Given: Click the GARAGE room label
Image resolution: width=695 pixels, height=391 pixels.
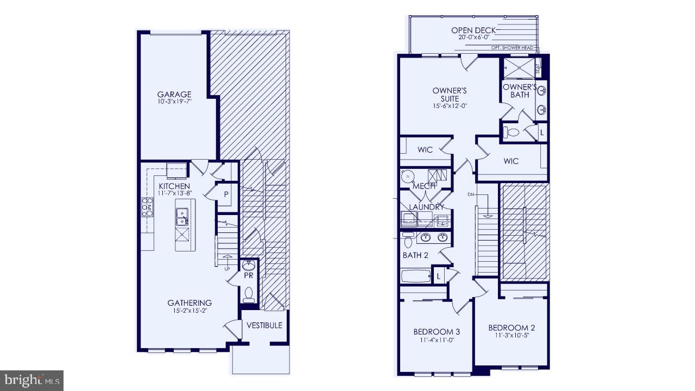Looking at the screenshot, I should pyautogui.click(x=174, y=94).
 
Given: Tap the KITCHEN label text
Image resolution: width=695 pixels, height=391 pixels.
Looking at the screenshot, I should pyautogui.click(x=174, y=186).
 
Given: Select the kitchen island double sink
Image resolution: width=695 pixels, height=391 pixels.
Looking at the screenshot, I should pyautogui.click(x=182, y=217).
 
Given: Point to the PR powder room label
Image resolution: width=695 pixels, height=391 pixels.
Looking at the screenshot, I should pyautogui.click(x=249, y=276).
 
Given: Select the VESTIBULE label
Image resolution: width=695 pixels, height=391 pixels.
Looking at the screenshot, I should pyautogui.click(x=264, y=325).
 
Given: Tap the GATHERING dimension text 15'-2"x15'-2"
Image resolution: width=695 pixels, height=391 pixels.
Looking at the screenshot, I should pyautogui.click(x=189, y=311).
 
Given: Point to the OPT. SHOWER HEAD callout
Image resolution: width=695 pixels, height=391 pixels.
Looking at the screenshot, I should pyautogui.click(x=512, y=48).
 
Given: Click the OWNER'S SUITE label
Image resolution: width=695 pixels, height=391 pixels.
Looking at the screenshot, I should pyautogui.click(x=450, y=94).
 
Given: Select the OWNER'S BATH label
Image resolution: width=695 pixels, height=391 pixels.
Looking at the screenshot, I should pyautogui.click(x=520, y=91).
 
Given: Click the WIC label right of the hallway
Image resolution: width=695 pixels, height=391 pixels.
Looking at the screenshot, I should pyautogui.click(x=511, y=161).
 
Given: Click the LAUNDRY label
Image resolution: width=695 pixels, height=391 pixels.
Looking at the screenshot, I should pyautogui.click(x=426, y=207).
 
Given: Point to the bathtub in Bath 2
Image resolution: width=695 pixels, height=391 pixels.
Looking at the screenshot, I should pyautogui.click(x=416, y=276).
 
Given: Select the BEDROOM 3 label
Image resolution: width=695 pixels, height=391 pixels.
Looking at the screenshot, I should pyautogui.click(x=437, y=332).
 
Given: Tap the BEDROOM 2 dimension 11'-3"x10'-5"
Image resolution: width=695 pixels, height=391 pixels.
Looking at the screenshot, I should pyautogui.click(x=511, y=336).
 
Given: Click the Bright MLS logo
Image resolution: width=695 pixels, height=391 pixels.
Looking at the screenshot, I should pyautogui.click(x=31, y=380).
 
